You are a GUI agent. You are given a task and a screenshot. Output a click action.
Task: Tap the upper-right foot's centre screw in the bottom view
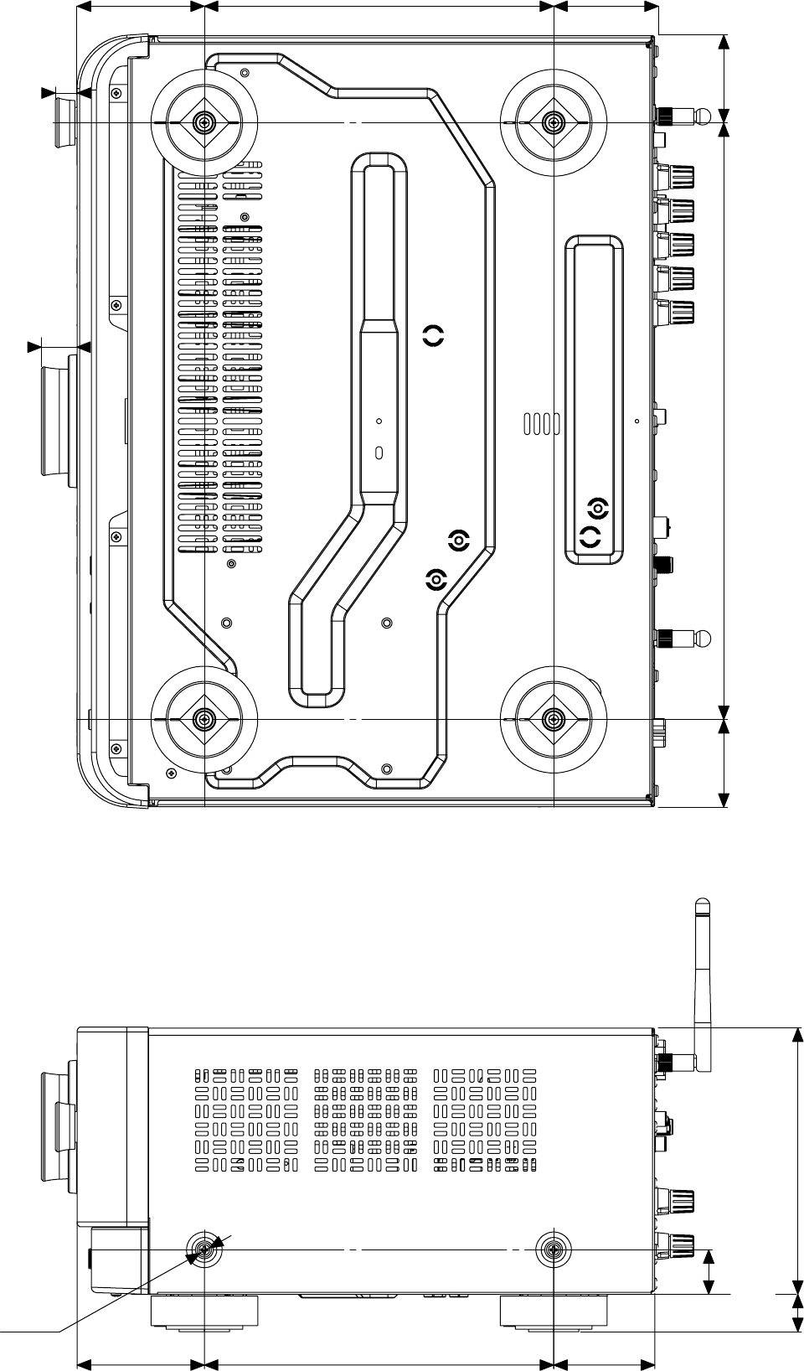(554, 122)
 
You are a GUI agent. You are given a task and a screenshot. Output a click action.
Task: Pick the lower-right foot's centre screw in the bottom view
(554, 719)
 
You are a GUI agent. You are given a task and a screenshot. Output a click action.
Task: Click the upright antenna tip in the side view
(703, 906)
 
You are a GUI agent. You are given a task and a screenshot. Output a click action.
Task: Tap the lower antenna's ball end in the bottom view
(704, 639)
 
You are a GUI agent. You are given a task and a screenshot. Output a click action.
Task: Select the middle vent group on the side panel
(365, 1120)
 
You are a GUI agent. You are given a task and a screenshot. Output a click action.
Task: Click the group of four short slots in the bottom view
(542, 423)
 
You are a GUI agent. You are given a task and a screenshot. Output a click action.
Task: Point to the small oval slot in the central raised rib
(379, 453)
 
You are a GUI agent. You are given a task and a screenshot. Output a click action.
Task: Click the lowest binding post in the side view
(677, 1242)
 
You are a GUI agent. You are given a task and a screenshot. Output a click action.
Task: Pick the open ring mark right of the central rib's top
(433, 336)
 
